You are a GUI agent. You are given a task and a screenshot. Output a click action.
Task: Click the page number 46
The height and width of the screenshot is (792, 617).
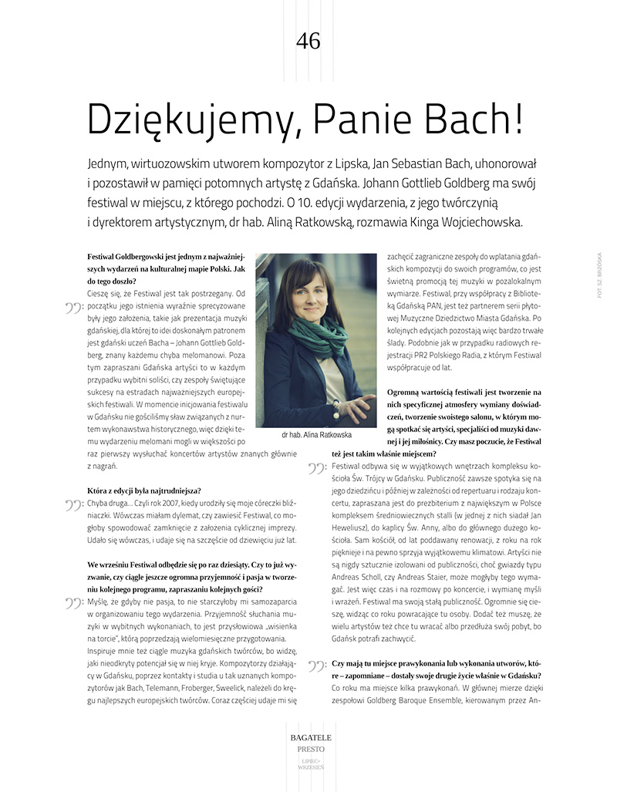pyautogui.click(x=308, y=42)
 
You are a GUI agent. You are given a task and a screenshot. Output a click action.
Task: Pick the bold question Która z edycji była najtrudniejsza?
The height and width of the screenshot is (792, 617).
pyautogui.click(x=145, y=491)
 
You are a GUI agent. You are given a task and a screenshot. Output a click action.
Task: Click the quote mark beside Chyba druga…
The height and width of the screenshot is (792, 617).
pyautogui.click(x=75, y=507)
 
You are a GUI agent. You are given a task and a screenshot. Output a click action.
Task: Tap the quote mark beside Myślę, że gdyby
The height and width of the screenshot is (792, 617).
pyautogui.click(x=75, y=604)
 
